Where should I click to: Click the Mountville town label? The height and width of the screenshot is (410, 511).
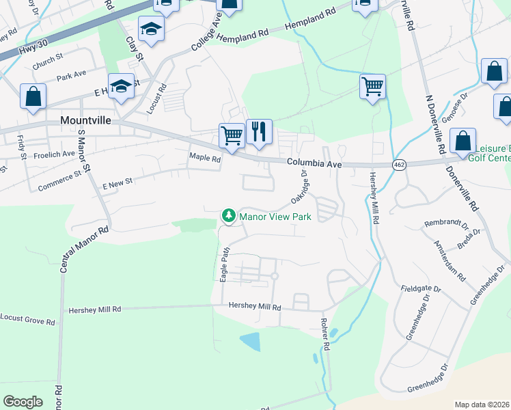coord(87,120)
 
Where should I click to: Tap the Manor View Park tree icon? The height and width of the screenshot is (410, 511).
coord(229,216)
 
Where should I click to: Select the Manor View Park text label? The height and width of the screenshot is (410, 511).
coord(275,217)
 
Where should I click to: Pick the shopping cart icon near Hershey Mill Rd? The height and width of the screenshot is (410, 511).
coord(372,86)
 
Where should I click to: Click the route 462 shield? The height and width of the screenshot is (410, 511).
coord(400,165)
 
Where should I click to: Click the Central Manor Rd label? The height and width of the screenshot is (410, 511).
coord(84,250)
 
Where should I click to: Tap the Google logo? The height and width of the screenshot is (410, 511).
coord(23,402)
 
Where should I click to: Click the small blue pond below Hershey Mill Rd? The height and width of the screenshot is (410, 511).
coord(250,341)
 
